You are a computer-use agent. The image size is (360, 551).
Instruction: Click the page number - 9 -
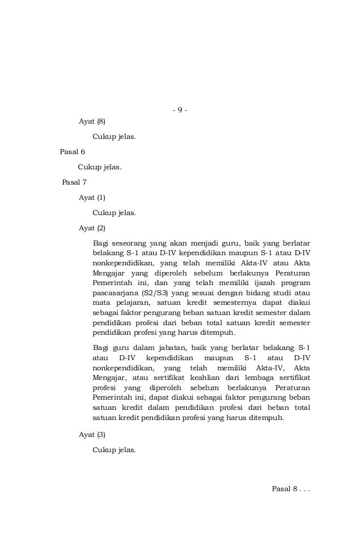pyautogui.click(x=179, y=109)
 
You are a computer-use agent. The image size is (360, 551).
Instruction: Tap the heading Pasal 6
pyautogui.click(x=72, y=152)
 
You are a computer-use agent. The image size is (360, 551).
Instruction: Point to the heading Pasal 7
pyautogui.click(x=73, y=182)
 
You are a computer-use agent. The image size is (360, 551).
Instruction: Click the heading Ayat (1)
pyautogui.click(x=92, y=198)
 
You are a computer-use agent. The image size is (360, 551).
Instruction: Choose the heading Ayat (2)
pyautogui.click(x=92, y=228)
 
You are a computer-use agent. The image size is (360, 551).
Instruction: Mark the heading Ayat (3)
pyautogui.click(x=92, y=435)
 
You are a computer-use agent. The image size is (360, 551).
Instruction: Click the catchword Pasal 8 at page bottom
pyautogui.click(x=291, y=488)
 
